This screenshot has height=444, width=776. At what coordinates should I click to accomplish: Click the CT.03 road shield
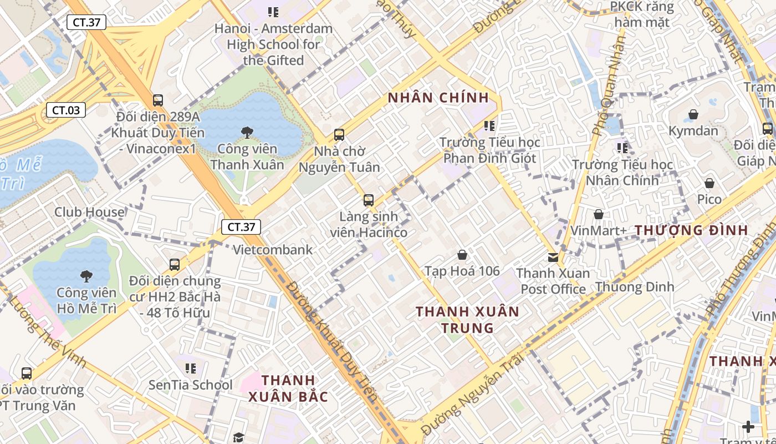click(66, 110)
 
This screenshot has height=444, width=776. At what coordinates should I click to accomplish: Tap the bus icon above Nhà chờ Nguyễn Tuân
click(339, 135)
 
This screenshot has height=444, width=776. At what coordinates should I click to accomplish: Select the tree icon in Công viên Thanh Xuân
click(247, 132)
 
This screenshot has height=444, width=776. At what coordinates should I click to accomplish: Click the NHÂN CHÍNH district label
click(438, 98)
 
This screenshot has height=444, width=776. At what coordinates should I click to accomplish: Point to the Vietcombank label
click(273, 250)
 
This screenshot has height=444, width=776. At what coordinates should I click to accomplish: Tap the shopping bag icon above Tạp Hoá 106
click(462, 255)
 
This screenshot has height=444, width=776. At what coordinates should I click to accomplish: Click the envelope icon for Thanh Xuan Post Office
click(553, 257)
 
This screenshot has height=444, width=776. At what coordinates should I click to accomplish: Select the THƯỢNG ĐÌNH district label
click(691, 230)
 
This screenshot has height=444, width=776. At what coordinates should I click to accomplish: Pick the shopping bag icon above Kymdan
click(693, 115)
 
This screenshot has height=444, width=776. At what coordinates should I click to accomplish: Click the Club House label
click(89, 212)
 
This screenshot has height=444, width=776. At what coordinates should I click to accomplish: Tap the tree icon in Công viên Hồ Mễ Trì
click(86, 276)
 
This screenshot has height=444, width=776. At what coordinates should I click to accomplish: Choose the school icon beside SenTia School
click(191, 368)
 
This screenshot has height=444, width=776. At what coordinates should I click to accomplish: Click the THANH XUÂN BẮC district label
click(288, 389)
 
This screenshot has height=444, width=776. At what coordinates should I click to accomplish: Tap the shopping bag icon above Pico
click(709, 183)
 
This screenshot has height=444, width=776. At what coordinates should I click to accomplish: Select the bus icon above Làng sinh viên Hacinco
click(369, 200)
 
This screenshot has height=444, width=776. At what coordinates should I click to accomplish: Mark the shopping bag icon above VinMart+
click(599, 214)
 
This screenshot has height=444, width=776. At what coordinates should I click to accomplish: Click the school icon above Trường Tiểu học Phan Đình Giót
click(489, 126)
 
